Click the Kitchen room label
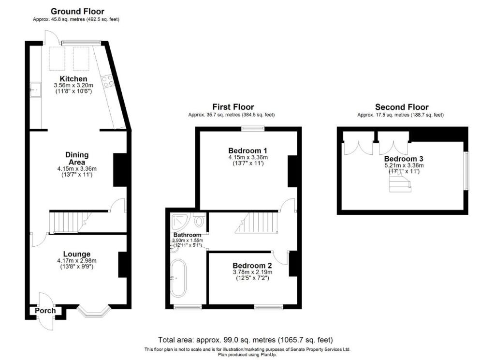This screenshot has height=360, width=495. coord(73,79)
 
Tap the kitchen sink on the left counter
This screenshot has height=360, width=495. coord(35,89)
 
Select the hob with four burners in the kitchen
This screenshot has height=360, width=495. coord(107,80)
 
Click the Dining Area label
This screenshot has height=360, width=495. coord(77,158)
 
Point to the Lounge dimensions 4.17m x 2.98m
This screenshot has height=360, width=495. coord(77,260)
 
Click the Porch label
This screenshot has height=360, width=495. coord(45,311)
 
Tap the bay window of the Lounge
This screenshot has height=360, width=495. coord(95,311)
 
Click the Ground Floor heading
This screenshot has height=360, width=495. coord(77,11)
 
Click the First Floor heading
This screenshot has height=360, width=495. coord(233,107)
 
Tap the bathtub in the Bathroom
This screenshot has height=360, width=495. coord(177,278)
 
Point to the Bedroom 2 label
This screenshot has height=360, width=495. coord(252,265)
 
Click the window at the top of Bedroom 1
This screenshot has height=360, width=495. coord(252,128)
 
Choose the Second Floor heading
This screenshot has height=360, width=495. coord(402,107)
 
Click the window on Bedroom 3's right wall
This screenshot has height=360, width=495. coord(466,171)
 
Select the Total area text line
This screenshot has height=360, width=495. coord(246,340)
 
